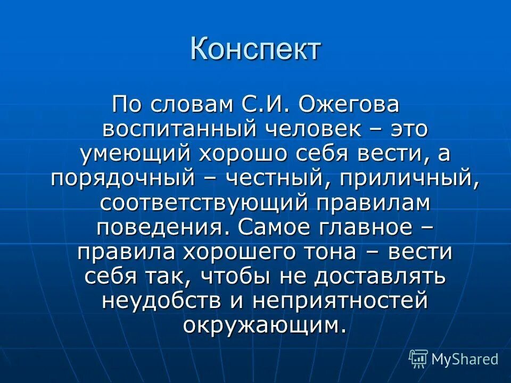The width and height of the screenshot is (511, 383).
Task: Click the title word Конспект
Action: pos(256,49)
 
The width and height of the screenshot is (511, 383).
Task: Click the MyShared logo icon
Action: pos(418,359)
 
